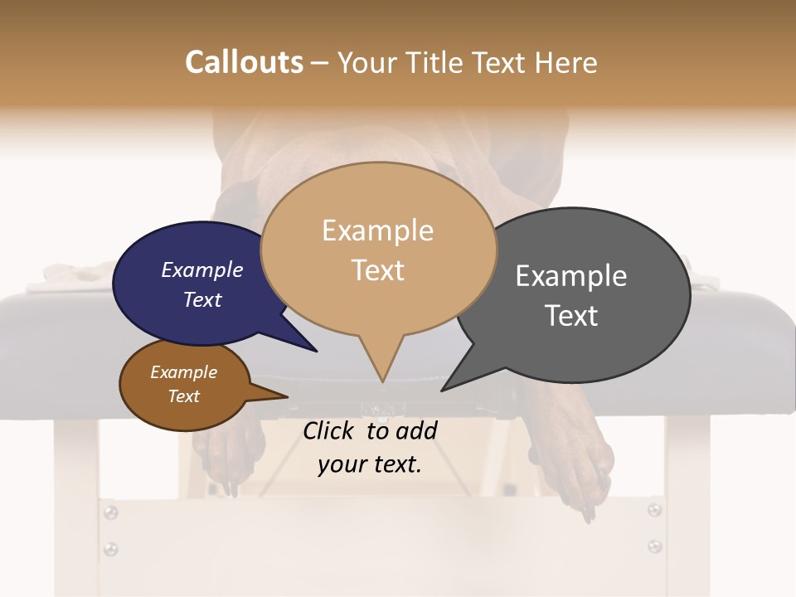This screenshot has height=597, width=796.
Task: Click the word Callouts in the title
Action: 244,62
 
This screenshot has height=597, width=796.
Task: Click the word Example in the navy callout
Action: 201,269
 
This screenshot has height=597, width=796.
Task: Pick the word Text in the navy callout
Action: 201,299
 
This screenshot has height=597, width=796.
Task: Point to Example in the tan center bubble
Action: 377,231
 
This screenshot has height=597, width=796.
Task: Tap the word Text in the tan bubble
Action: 377,270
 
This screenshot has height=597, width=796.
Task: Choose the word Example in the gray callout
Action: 570,276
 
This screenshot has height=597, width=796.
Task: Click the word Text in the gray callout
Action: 570,316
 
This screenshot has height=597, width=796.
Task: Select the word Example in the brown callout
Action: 183,372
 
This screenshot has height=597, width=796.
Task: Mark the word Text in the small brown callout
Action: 183,396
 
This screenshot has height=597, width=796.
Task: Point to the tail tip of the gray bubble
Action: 443,390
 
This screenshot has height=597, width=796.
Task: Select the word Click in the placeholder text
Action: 329,430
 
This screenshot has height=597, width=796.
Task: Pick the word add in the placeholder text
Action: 416,430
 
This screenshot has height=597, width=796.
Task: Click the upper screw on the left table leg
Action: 109,512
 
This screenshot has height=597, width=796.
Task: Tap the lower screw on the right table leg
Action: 654,546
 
